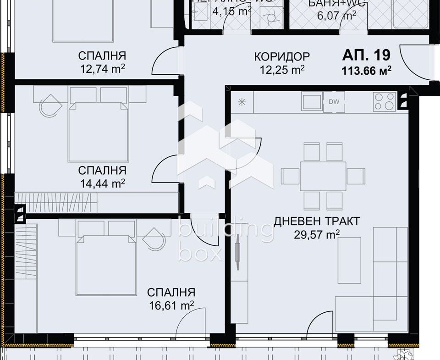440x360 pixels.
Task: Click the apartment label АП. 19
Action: point(366,55)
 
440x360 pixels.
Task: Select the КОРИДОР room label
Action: point(282,56)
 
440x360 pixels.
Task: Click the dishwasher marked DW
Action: point(334,102)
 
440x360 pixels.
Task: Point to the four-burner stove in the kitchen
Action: point(385,101)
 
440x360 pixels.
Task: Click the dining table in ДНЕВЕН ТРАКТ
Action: point(323,176)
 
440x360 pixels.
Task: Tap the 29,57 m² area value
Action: point(317,235)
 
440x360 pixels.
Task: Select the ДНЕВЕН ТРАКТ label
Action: point(317,222)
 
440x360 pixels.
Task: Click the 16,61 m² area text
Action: point(171,305)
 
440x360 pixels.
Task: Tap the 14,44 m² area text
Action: point(102,183)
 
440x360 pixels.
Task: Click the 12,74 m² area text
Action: point(102,69)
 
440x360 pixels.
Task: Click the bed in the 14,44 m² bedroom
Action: point(98,131)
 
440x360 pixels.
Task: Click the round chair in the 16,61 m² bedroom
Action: point(154,239)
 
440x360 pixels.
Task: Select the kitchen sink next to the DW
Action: point(312,101)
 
